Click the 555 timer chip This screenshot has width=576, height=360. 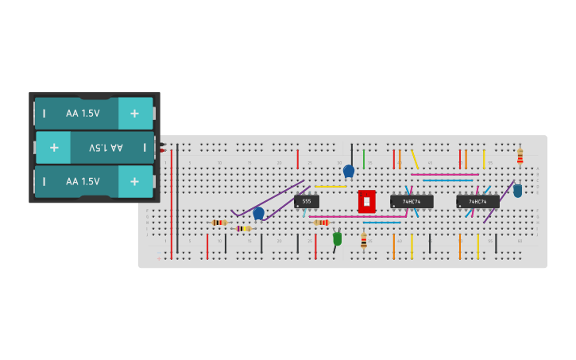click(x=307, y=202)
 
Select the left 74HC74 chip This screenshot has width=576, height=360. click(x=412, y=202)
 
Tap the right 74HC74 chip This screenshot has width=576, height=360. click(x=477, y=202)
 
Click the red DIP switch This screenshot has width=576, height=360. click(x=366, y=202)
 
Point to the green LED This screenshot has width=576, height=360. click(x=338, y=238)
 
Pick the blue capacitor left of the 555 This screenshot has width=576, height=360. click(x=258, y=212)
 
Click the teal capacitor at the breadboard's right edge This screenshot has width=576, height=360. click(x=518, y=191)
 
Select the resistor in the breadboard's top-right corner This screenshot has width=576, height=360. click(x=520, y=156)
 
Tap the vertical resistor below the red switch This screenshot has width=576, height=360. click(x=364, y=241)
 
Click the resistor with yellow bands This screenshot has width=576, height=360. click(x=243, y=228)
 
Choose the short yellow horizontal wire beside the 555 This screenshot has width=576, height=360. click(x=331, y=187)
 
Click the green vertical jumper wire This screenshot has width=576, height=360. click(x=364, y=159)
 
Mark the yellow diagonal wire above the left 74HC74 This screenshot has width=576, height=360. click(x=414, y=158)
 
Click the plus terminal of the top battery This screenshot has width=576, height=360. click(x=135, y=114)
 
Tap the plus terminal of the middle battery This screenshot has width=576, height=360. click(x=54, y=147)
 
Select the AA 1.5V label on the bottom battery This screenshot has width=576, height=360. click(x=83, y=181)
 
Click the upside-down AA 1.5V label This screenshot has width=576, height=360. click(x=106, y=148)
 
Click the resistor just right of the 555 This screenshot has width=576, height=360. click(x=321, y=223)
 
